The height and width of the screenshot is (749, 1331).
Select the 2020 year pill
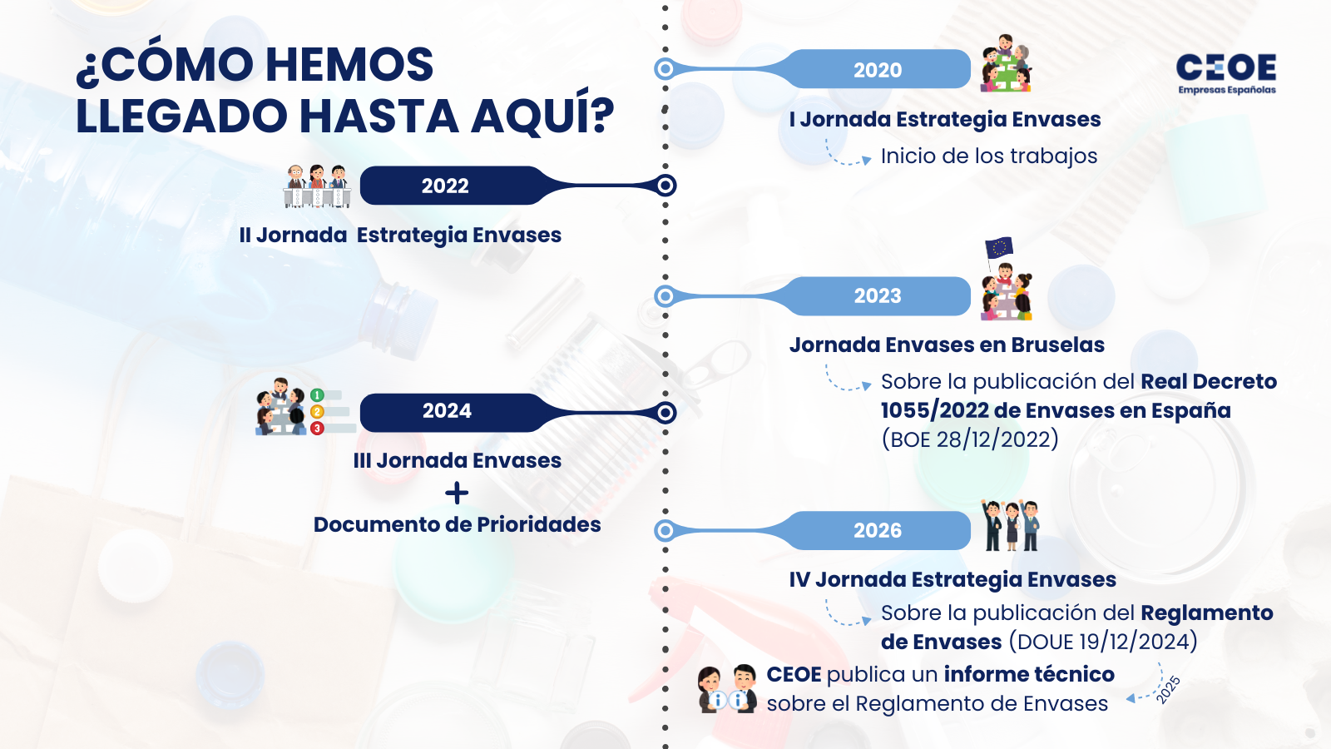coord(878,70)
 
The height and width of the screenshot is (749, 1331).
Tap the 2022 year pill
coord(445,186)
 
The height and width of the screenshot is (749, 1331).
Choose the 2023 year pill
coord(878,296)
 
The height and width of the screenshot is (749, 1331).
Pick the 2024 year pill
coord(447,411)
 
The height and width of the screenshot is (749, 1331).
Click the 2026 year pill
coord(878,531)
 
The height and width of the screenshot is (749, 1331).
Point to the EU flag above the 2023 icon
coord(998,247)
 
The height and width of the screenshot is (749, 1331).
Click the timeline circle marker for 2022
coord(665,186)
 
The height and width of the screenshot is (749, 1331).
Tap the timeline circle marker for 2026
coord(665,530)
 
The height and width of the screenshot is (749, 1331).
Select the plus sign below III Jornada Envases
coord(457,494)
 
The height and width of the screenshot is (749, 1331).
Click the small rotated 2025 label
coord(1168,690)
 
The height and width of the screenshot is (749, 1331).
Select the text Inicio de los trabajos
coord(988,156)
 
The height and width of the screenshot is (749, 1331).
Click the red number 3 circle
coord(317,429)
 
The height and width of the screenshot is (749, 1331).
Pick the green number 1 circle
coord(317,395)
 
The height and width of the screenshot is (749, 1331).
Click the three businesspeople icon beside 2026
coord(1010,525)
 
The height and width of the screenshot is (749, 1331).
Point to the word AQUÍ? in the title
coord(542,116)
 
